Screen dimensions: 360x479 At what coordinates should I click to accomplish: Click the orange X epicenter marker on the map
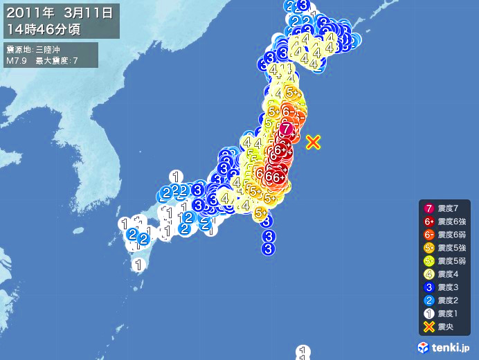tap(313, 142)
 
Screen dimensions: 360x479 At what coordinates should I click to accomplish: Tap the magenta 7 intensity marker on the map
tap(287, 128)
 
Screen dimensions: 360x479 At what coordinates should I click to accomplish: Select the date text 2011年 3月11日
tap(59, 13)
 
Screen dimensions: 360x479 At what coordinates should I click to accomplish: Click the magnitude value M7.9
tap(16, 61)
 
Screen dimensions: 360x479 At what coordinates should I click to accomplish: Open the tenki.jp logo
tap(446, 347)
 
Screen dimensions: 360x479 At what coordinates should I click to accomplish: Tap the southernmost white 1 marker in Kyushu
tap(139, 264)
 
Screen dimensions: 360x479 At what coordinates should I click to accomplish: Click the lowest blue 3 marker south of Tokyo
tap(269, 249)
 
